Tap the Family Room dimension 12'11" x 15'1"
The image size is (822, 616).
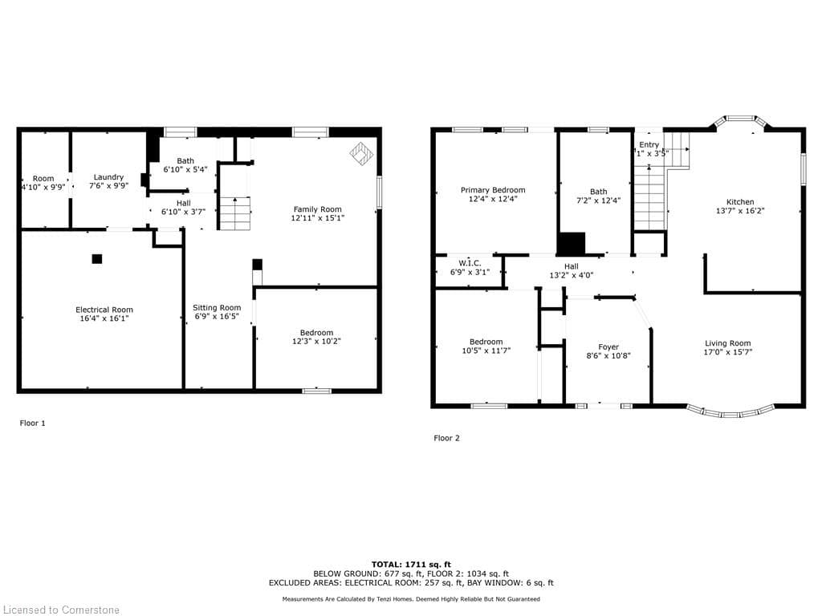[x=318, y=218]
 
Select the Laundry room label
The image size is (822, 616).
[x=108, y=177]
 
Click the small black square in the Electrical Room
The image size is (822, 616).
[x=97, y=259]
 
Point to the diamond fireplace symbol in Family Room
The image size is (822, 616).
[x=361, y=153]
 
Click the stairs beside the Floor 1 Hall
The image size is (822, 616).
[x=234, y=213]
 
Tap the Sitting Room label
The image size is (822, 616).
[x=217, y=307]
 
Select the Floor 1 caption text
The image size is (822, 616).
[x=32, y=423]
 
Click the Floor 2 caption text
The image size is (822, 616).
[x=446, y=438]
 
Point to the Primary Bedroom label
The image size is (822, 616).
[x=493, y=190]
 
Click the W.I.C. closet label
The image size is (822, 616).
[x=470, y=263]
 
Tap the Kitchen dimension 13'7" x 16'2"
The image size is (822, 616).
[x=740, y=211]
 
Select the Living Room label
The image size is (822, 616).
[x=727, y=343]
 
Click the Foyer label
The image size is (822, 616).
[x=608, y=346]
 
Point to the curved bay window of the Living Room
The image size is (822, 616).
[x=730, y=414]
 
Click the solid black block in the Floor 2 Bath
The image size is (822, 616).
[x=571, y=244]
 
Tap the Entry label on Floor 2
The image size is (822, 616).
[x=649, y=144]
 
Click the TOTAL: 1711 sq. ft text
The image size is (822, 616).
[x=411, y=564]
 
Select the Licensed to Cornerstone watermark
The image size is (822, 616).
[x=61, y=610]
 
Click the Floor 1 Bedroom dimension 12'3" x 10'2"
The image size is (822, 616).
[x=316, y=342]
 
